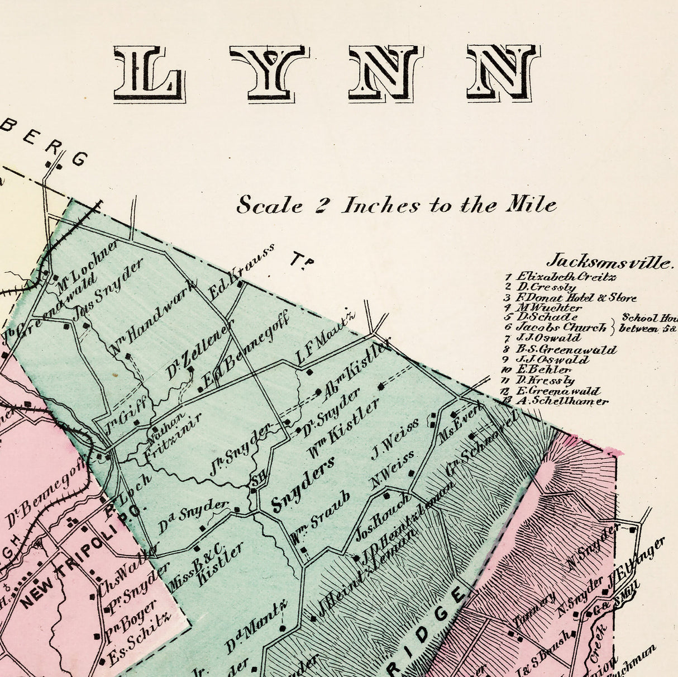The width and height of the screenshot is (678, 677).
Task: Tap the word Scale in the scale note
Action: pyautogui.click(x=270, y=205)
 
